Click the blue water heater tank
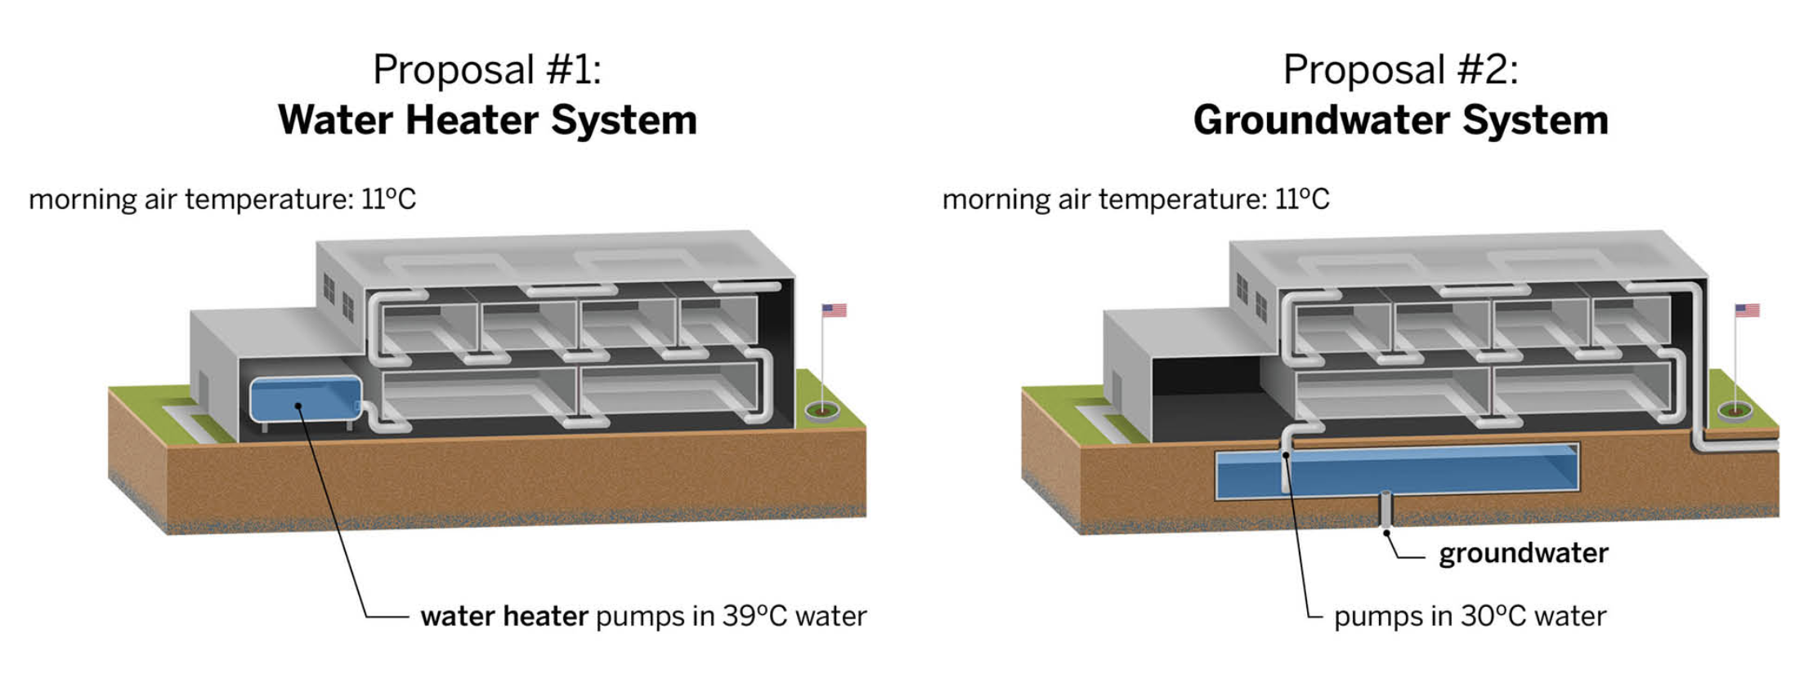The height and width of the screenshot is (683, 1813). click(305, 399)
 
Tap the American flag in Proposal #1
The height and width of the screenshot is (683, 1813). click(834, 310)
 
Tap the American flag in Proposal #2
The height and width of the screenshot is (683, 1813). click(1747, 310)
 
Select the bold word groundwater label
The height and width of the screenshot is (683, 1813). click(1523, 553)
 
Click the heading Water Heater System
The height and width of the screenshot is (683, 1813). click(487, 120)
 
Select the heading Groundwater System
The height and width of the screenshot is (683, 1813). click(1400, 120)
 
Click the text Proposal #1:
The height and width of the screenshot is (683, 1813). click(487, 69)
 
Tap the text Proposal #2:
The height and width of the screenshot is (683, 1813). click(1400, 69)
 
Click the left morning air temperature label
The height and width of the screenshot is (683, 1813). click(222, 199)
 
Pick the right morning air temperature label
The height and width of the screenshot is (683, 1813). click(1135, 199)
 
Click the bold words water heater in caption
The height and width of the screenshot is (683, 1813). click(504, 616)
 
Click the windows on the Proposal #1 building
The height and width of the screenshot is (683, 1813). click(338, 297)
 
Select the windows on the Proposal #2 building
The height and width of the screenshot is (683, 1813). click(1251, 297)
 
